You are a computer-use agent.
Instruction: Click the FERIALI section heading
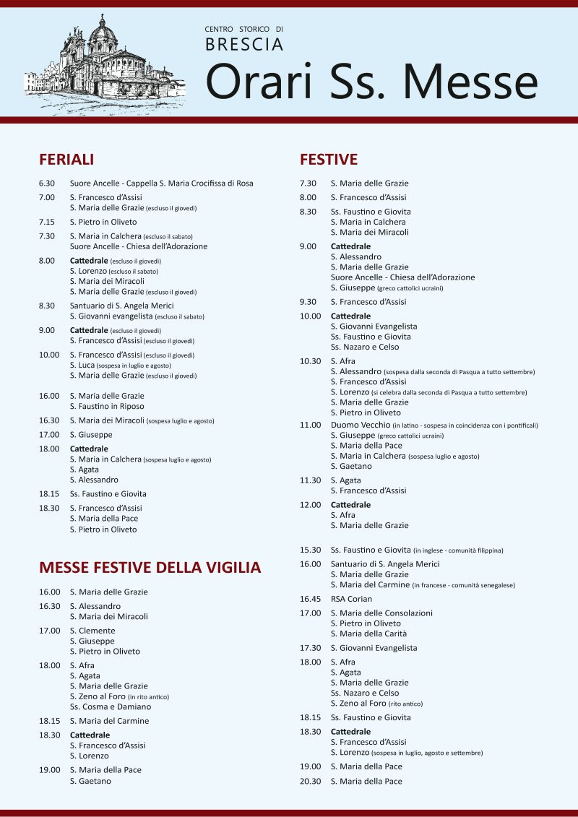click(x=66, y=160)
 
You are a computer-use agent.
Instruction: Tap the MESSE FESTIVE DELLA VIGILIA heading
click(x=150, y=567)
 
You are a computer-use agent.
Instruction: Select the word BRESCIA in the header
click(x=244, y=45)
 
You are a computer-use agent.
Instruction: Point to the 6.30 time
click(x=47, y=183)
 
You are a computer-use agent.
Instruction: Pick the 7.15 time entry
click(x=47, y=222)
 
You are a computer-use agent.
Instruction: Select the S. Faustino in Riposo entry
click(x=107, y=406)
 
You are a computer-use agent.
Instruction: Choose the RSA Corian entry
click(x=352, y=599)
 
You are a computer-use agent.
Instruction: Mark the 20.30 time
click(x=310, y=781)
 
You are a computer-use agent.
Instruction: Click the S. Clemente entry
click(x=92, y=631)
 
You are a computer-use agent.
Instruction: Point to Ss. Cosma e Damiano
click(x=111, y=706)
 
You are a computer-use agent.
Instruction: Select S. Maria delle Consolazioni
click(x=381, y=613)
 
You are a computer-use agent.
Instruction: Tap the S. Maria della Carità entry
click(x=368, y=634)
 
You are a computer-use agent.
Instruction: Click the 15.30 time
click(x=310, y=550)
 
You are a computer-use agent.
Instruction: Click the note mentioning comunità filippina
click(x=458, y=550)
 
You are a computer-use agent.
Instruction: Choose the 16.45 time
click(x=310, y=599)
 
